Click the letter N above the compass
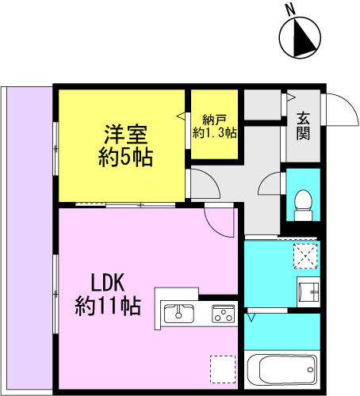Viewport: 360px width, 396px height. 291,10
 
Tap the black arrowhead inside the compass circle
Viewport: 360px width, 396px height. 304,38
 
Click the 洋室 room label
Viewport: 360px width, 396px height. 125,134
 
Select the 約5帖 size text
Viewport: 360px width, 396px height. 125,158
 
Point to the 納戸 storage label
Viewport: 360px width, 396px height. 214,120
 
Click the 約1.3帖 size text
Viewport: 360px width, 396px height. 214,133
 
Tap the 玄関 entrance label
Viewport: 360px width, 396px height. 303,126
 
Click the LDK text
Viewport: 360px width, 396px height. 108,282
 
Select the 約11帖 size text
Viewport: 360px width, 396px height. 108,306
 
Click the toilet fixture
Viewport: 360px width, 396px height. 303,205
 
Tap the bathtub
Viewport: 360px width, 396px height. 282,370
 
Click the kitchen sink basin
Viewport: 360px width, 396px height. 179,314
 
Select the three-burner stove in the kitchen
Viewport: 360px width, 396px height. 223,314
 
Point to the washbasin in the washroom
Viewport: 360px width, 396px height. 308,292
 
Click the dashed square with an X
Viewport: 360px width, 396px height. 305,256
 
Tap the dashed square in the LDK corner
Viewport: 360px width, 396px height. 223,369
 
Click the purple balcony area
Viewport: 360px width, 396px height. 29,238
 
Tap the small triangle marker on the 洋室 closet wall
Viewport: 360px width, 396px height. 181,116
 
